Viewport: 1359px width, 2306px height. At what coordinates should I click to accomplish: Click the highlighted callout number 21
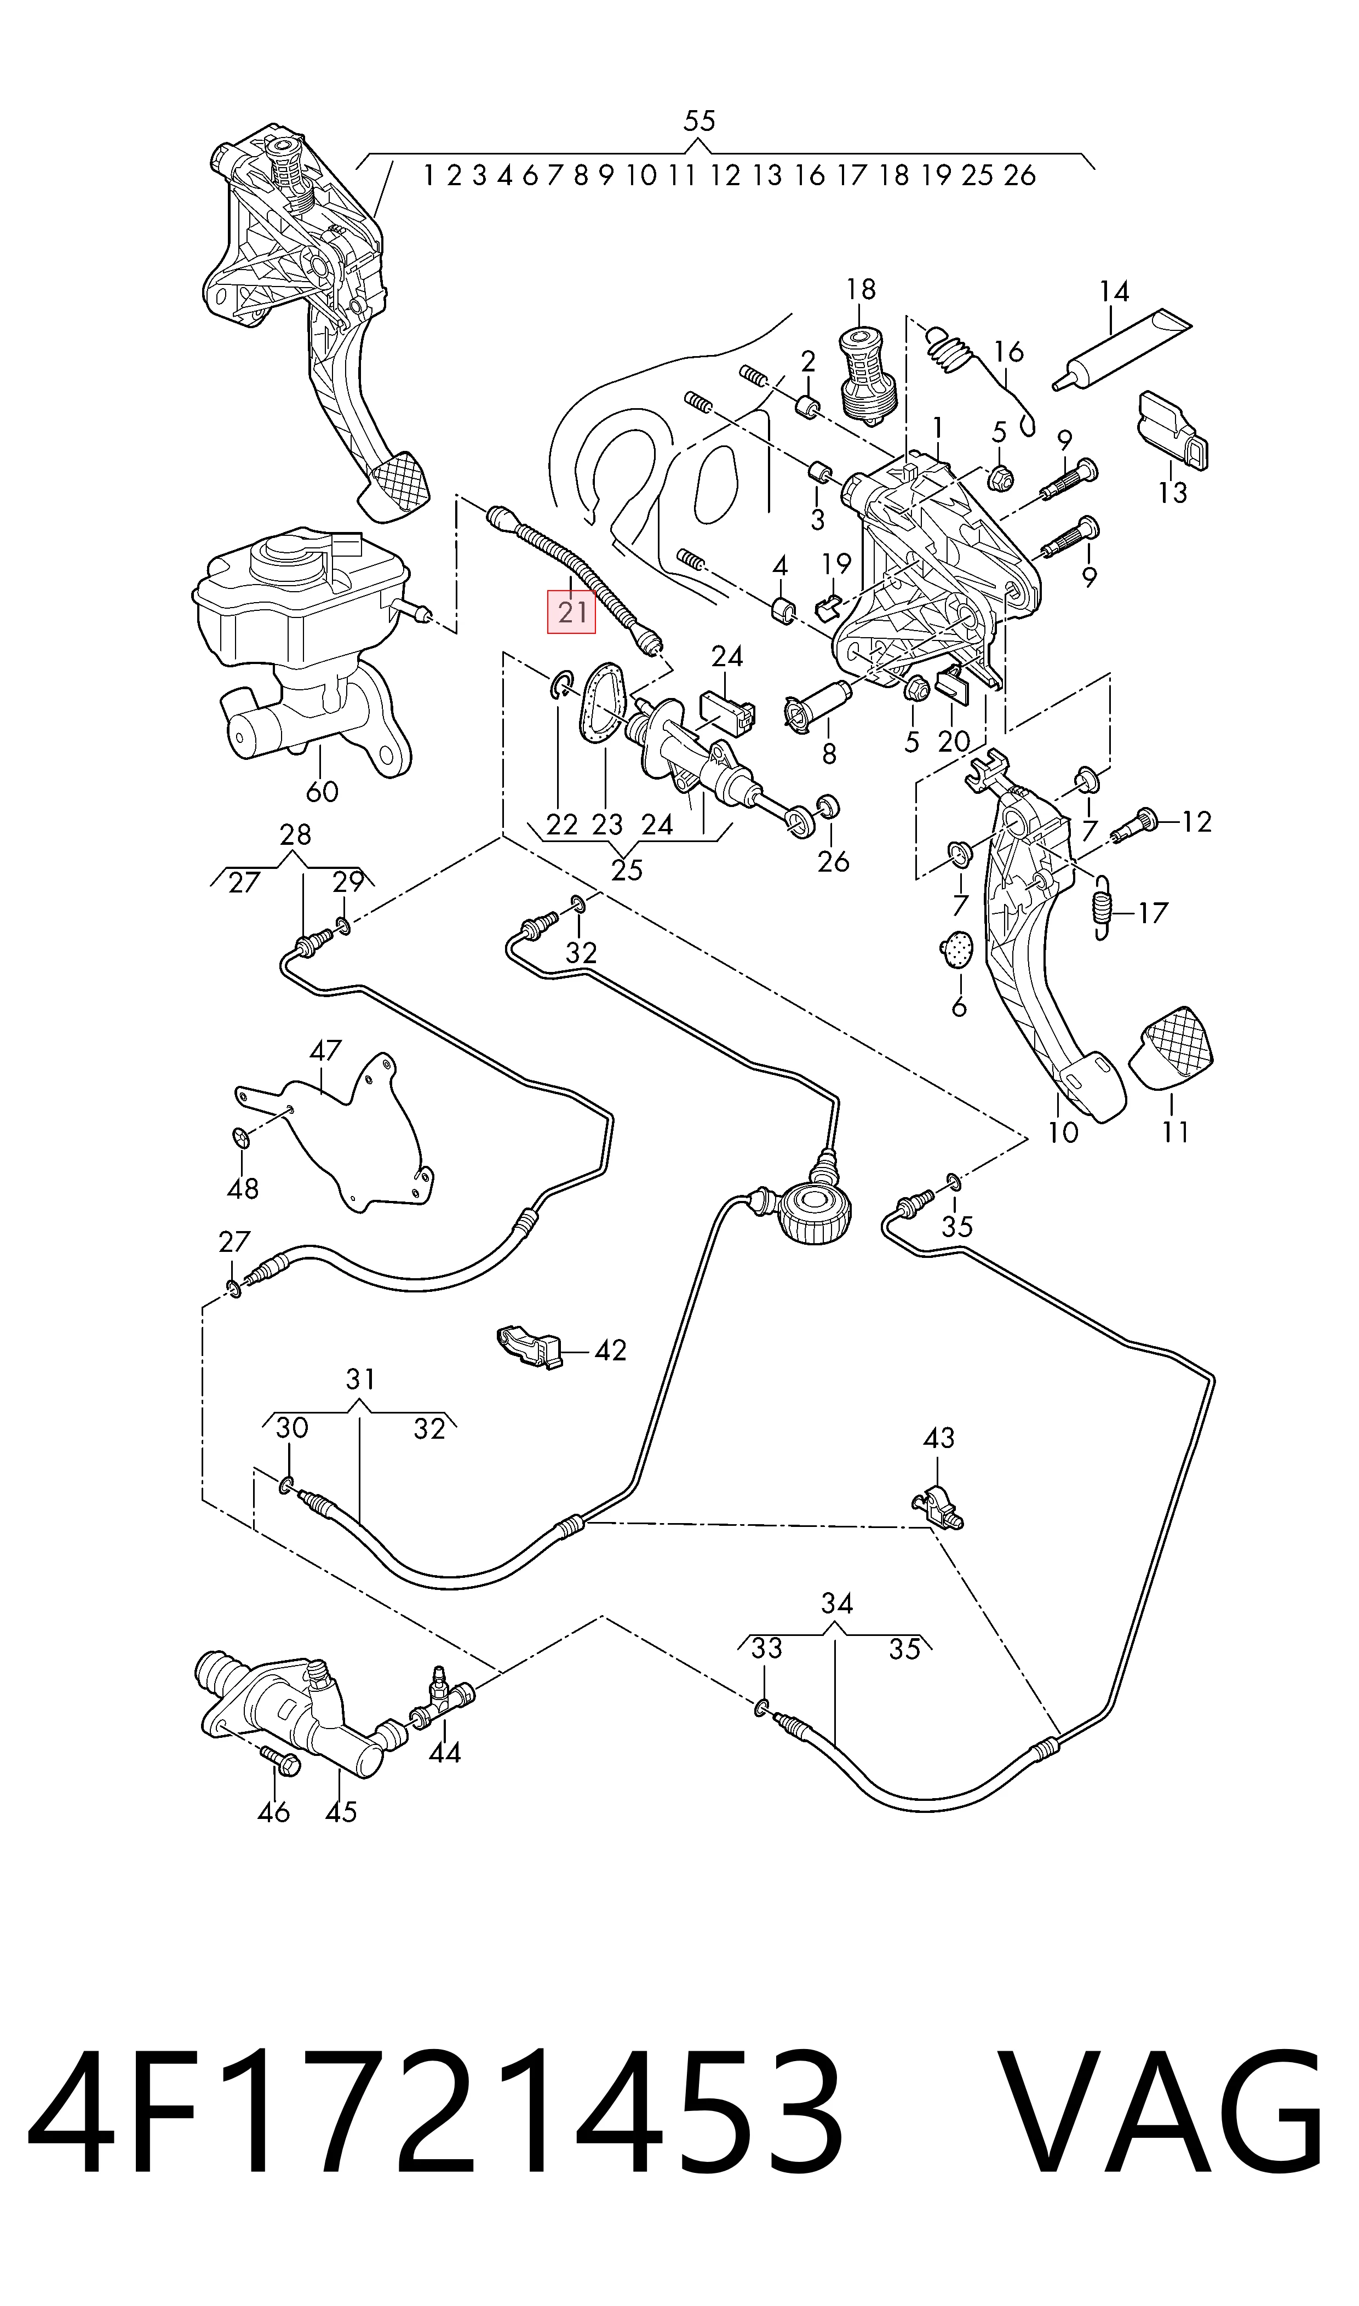(571, 612)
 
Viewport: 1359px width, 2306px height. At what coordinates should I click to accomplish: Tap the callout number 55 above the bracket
(699, 121)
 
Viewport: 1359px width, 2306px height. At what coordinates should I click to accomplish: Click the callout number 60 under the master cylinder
(322, 791)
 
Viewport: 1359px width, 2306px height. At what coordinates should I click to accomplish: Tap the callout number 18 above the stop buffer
(861, 289)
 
